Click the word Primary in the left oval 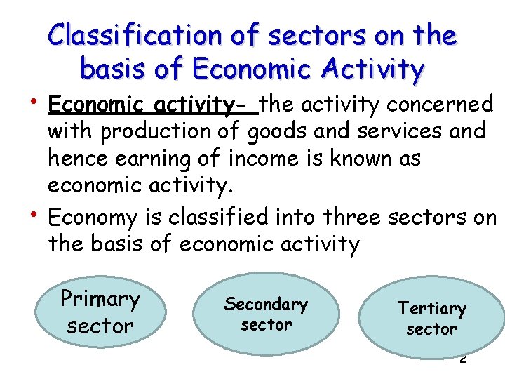point(100,299)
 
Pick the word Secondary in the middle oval point(266,305)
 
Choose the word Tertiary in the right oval point(431,308)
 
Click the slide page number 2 point(463,359)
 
